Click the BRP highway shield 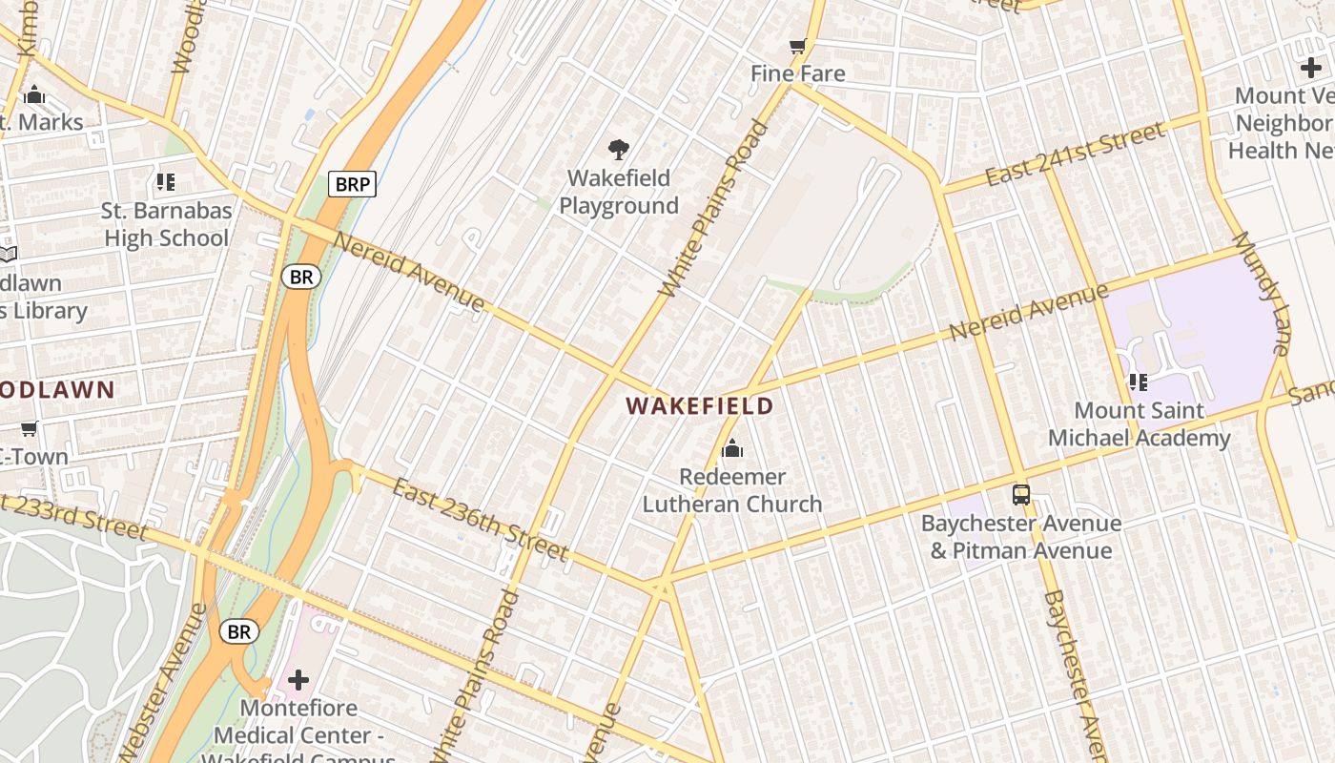pyautogui.click(x=352, y=184)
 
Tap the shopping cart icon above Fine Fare pyautogui.click(x=798, y=46)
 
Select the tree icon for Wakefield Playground pyautogui.click(x=619, y=149)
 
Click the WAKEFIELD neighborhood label pyautogui.click(x=699, y=406)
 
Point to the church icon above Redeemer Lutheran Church pyautogui.click(x=732, y=448)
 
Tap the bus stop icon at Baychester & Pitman pyautogui.click(x=1021, y=495)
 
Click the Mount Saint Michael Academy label pyautogui.click(x=1139, y=424)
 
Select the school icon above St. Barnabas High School pyautogui.click(x=166, y=182)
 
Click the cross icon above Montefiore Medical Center pyautogui.click(x=298, y=680)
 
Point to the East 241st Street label pyautogui.click(x=1075, y=155)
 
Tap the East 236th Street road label pyautogui.click(x=480, y=520)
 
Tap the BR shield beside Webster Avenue pyautogui.click(x=238, y=631)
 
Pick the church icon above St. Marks pyautogui.click(x=34, y=94)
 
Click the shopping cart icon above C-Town pyautogui.click(x=29, y=428)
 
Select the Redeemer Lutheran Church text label pyautogui.click(x=732, y=490)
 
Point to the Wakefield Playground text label pyautogui.click(x=619, y=192)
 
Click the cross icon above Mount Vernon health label pyautogui.click(x=1311, y=68)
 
